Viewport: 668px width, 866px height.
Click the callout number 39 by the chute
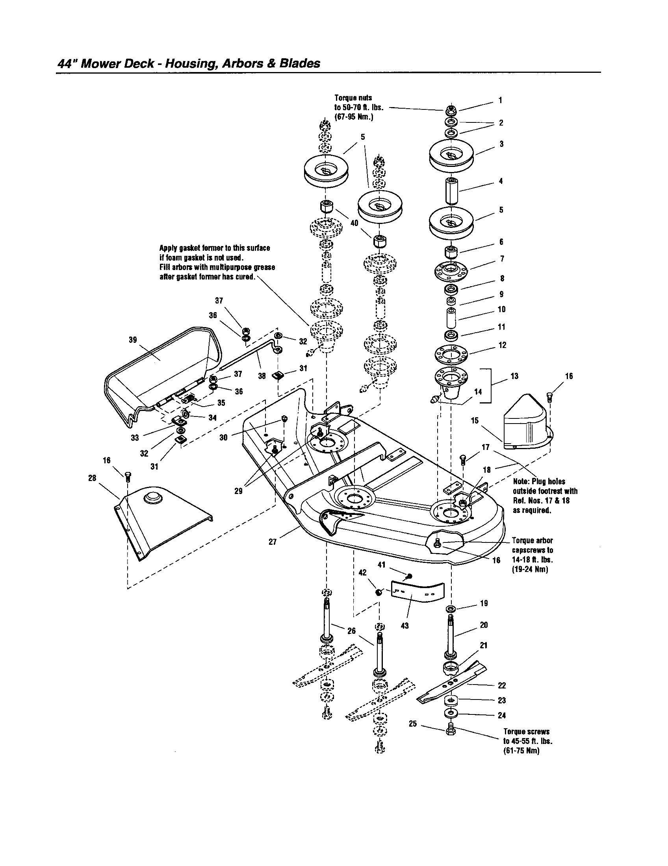click(x=132, y=340)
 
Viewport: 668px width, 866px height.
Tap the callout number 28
click(x=92, y=478)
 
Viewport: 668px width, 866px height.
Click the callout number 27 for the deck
click(x=273, y=542)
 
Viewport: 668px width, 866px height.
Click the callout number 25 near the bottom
click(x=412, y=724)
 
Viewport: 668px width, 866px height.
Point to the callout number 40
click(x=354, y=223)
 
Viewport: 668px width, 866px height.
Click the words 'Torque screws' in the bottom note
click(x=526, y=732)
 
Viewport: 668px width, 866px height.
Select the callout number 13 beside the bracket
click(x=514, y=376)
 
